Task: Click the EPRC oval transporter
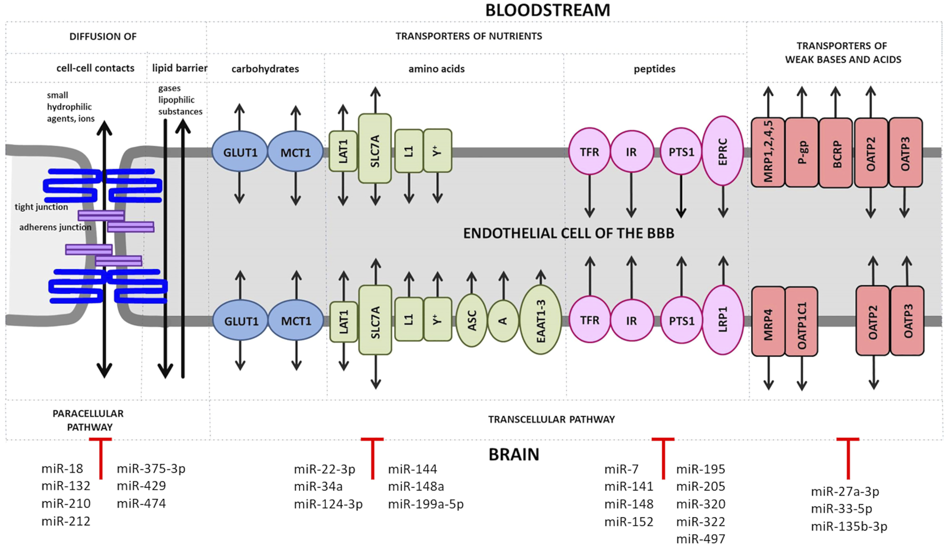click(723, 151)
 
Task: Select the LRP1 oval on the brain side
click(723, 320)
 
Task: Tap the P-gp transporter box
click(802, 152)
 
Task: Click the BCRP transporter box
click(836, 153)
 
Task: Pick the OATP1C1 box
click(802, 321)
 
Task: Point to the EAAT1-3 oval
click(540, 319)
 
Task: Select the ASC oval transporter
click(471, 320)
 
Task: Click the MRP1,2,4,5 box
click(768, 152)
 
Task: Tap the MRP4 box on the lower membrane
click(768, 321)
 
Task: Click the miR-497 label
click(700, 539)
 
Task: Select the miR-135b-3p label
click(849, 527)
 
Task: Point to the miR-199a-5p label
click(426, 504)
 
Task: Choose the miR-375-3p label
click(151, 469)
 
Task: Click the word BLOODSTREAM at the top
click(547, 10)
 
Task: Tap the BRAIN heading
click(514, 454)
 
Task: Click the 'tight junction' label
click(41, 207)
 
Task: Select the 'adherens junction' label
click(55, 227)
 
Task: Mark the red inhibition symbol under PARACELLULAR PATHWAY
click(100, 457)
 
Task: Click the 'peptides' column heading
click(654, 69)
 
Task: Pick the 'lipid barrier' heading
click(180, 68)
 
